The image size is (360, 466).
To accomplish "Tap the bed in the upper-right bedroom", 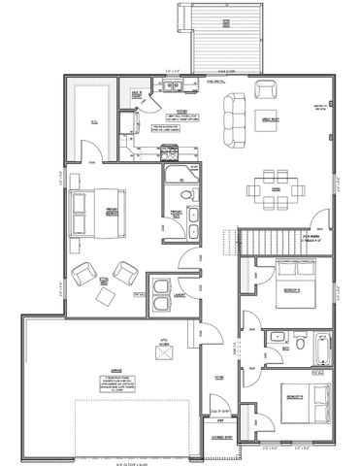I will pyautogui.click(x=289, y=283).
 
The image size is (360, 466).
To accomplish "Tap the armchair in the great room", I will pyautogui.click(x=264, y=89).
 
